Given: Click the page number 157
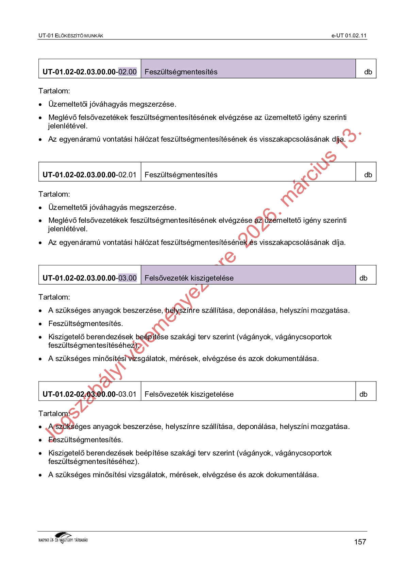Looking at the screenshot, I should [x=360, y=542].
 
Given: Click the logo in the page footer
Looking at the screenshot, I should [x=63, y=538].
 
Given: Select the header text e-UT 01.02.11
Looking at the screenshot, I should [x=349, y=36].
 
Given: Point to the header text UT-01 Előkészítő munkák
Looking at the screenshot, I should [x=71, y=36].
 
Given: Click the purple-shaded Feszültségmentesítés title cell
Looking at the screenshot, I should [x=248, y=69].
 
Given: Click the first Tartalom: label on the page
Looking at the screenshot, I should [x=54, y=91].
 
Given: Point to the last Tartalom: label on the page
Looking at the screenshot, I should [x=54, y=413].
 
